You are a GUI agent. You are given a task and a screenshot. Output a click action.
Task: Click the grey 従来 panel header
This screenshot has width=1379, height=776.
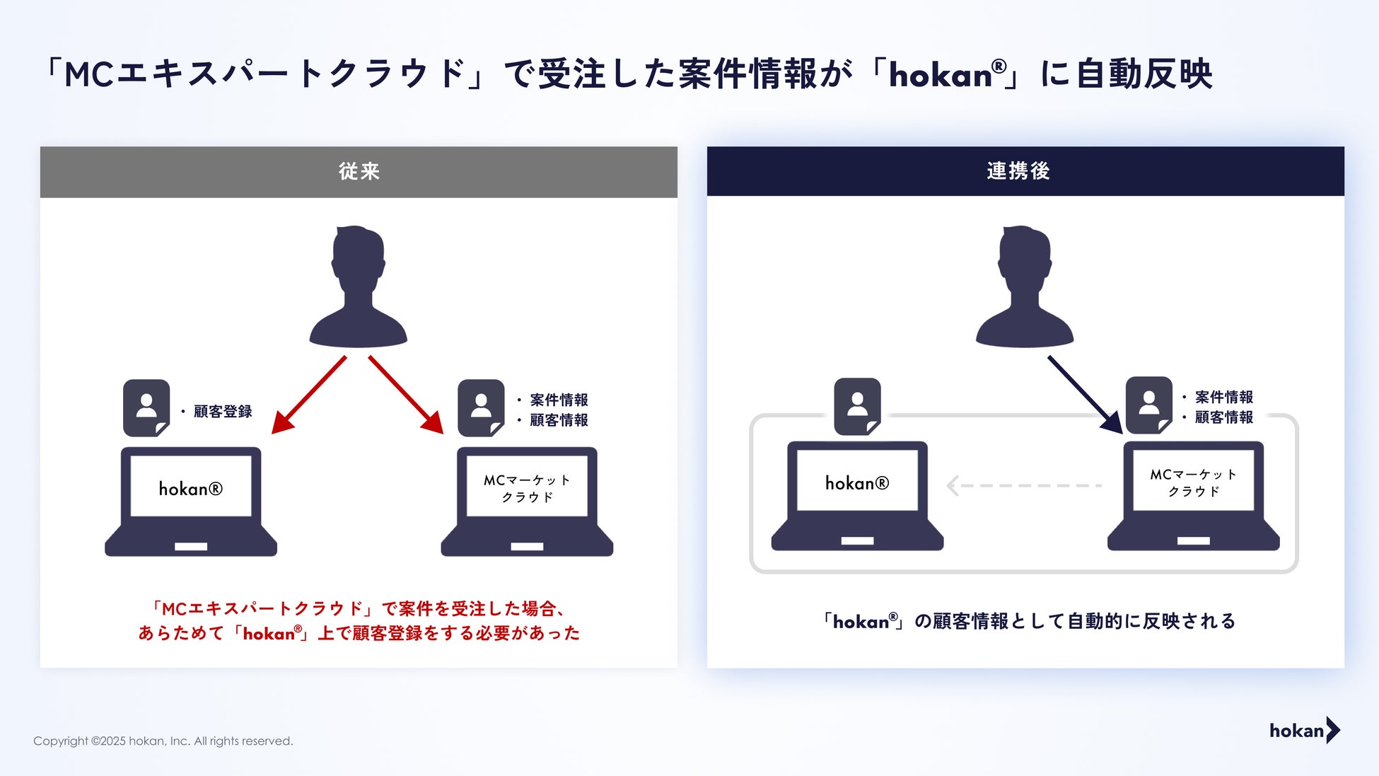pos(359,172)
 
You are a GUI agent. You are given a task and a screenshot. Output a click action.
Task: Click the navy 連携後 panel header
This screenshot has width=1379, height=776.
pos(1025,171)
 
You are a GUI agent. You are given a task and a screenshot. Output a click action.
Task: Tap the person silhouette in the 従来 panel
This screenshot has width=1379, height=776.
pos(359,287)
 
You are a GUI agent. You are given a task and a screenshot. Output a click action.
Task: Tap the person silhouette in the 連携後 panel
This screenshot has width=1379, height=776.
pos(1025,287)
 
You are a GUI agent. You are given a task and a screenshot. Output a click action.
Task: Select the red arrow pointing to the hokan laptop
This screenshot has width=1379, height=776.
pos(309,395)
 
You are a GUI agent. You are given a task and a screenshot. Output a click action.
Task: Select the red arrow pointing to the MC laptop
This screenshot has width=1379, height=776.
pos(406,395)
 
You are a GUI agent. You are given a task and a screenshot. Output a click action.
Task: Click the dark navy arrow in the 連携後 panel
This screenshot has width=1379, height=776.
pos(1085,395)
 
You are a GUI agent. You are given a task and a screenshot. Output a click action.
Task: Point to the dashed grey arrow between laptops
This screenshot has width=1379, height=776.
pos(1023,486)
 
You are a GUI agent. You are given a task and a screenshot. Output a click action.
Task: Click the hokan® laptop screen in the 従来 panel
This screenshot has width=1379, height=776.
pos(191,488)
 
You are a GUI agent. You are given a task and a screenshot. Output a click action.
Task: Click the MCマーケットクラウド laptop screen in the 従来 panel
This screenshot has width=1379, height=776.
pos(527,488)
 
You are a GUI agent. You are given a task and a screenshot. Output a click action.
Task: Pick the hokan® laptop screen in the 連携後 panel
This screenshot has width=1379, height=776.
pos(857,482)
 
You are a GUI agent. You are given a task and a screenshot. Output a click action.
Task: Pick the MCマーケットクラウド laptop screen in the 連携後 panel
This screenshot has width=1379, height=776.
pos(1193,482)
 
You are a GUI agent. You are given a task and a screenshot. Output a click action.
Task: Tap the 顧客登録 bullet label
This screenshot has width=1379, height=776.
pos(222,412)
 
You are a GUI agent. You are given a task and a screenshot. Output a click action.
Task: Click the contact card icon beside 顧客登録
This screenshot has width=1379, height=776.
pos(146,408)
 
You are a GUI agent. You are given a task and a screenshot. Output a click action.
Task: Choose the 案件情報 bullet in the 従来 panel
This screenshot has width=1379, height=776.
pos(559,400)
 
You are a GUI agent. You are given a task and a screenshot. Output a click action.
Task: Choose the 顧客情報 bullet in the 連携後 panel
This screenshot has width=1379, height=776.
pos(1223,417)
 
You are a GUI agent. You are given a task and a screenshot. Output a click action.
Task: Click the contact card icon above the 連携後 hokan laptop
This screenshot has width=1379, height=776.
pos(857,406)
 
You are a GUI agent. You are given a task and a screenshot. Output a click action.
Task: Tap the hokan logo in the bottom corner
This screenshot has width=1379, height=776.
pos(1304,731)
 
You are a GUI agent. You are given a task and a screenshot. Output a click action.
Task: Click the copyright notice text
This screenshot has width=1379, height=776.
pos(163,741)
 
